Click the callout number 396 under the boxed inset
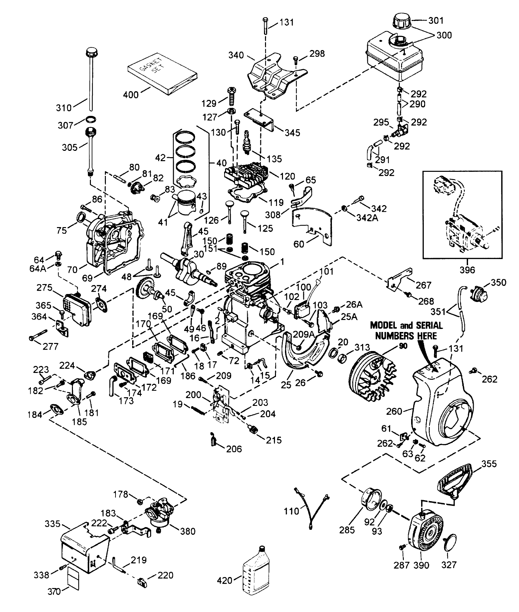(x=467, y=269)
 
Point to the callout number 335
(x=53, y=524)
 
